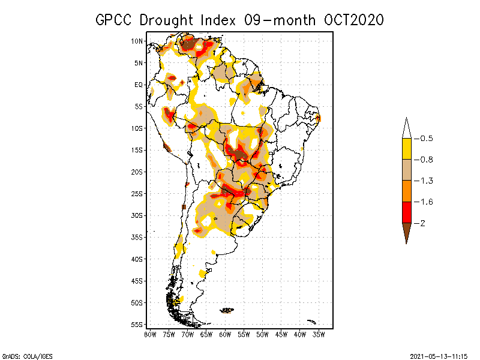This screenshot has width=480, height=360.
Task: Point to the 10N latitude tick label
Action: pos(137,41)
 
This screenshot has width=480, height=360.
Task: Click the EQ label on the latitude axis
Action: pos(139,85)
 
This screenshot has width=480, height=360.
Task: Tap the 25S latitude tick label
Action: pos(137,193)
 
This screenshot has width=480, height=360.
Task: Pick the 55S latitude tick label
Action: pos(137,325)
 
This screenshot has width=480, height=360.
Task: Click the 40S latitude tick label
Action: pos(137,259)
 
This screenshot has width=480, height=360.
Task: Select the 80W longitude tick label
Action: pos(150,334)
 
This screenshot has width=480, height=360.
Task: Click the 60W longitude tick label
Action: pos(225,334)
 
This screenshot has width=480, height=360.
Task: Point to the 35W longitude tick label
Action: pos(319,334)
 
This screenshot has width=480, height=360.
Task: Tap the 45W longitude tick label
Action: pos(281,334)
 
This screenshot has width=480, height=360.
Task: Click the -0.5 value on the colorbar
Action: pos(425,139)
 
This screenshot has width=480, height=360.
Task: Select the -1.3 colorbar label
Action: pos(425,181)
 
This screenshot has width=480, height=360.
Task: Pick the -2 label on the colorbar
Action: pos(422,223)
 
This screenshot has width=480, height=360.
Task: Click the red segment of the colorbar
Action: pos(406,212)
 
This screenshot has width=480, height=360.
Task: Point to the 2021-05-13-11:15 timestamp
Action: pos(439,355)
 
